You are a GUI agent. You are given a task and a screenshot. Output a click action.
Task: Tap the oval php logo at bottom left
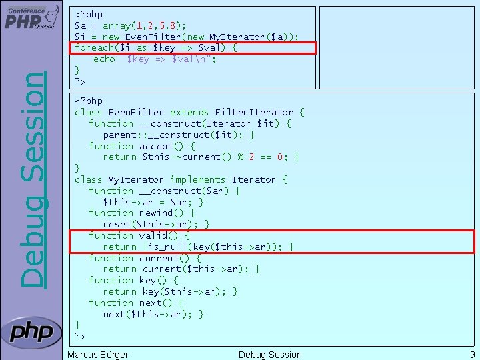31,332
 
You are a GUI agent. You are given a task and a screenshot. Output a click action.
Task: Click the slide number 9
471,355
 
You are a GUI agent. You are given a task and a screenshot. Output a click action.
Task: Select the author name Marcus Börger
98,355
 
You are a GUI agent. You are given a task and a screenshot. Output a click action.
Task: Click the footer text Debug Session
270,355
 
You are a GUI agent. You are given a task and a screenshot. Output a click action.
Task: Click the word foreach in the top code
93,48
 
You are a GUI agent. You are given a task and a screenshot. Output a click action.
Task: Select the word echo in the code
104,59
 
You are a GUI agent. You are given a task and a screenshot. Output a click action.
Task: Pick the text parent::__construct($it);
179,135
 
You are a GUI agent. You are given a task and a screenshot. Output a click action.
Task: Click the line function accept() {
141,146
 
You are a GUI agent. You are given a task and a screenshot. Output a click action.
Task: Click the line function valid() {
139,235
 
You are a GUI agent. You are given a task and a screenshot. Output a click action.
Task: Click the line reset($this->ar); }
157,225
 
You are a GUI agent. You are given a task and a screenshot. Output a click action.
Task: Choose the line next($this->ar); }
153,314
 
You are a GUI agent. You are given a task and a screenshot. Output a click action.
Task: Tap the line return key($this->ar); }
170,291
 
